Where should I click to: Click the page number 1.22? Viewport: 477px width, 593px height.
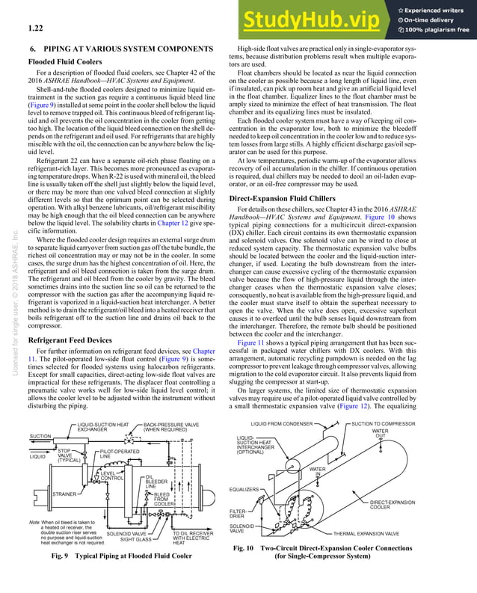[x=31, y=29]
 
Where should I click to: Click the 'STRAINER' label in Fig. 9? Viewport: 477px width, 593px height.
[x=44, y=494]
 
